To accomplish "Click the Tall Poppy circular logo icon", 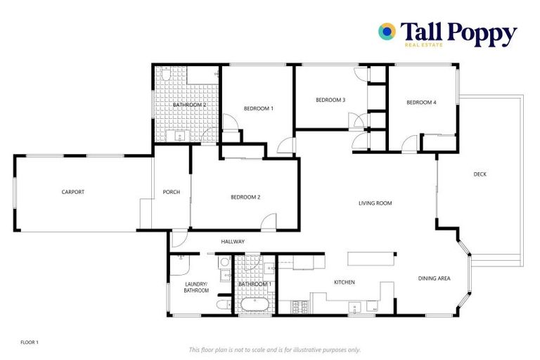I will click(387, 31).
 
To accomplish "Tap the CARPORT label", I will click(72, 192).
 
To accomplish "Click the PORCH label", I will click(172, 192).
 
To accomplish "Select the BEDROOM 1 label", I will click(258, 108).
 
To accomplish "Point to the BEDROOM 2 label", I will click(245, 197).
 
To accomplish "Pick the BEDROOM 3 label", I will click(330, 100).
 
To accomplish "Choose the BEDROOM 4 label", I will click(421, 103).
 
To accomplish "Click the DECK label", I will click(480, 174).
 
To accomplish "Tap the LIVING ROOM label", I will click(375, 203).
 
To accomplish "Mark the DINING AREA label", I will click(434, 278).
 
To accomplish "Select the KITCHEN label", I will click(344, 282).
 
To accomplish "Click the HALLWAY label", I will click(233, 242).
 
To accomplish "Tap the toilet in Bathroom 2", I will click(163, 73).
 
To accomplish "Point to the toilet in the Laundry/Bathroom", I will click(221, 304).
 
